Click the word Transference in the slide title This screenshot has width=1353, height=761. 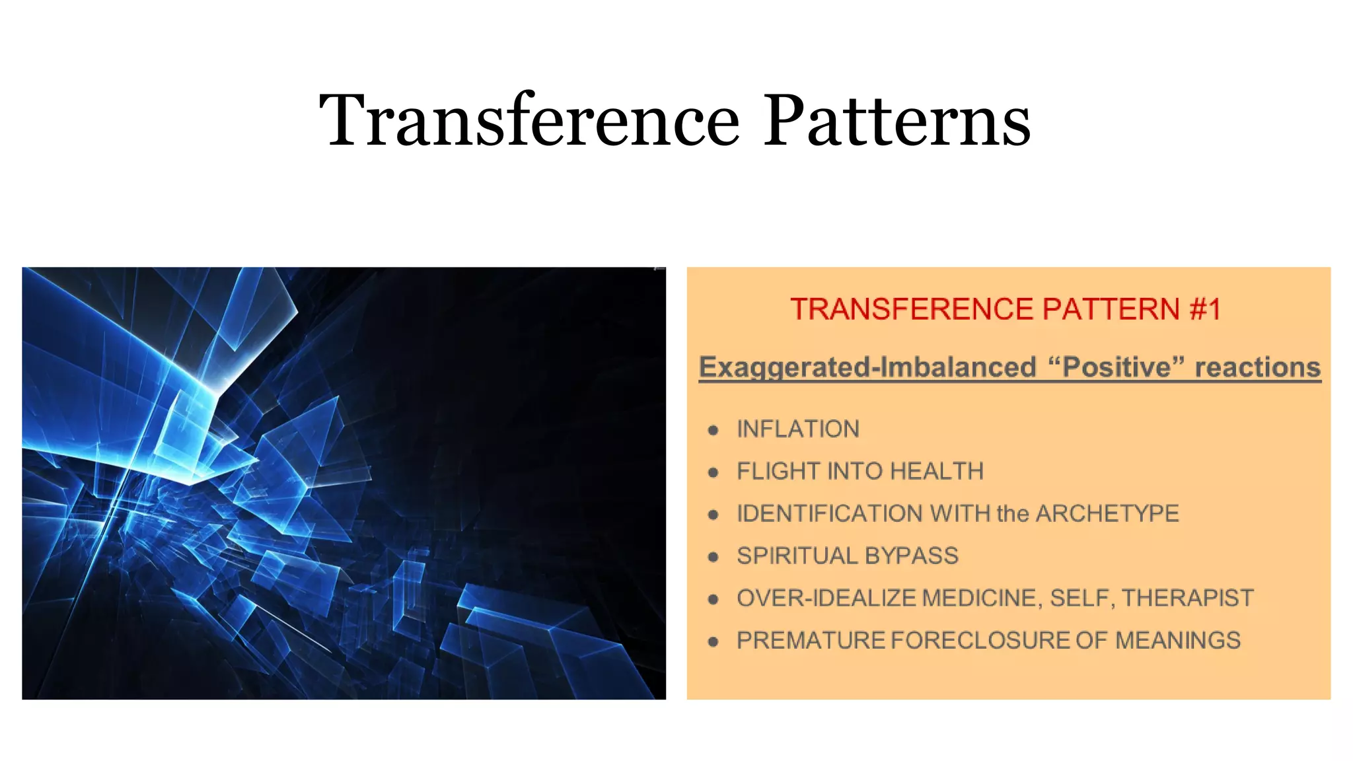pyautogui.click(x=529, y=120)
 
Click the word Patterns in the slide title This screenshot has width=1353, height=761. pyautogui.click(x=897, y=120)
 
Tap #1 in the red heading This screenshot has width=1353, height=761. pyautogui.click(x=1205, y=309)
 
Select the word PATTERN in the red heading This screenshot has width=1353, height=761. pyautogui.click(x=1111, y=309)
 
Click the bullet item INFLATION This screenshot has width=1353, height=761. pyautogui.click(x=798, y=429)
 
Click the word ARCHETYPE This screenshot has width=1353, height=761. pyautogui.click(x=1107, y=514)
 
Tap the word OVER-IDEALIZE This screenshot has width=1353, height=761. pyautogui.click(x=826, y=598)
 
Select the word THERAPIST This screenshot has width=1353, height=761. pyautogui.click(x=1187, y=598)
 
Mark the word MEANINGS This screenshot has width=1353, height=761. pyautogui.click(x=1178, y=641)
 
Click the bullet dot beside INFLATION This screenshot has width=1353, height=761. pyautogui.click(x=713, y=431)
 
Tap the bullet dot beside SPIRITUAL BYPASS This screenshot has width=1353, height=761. pyautogui.click(x=713, y=558)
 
